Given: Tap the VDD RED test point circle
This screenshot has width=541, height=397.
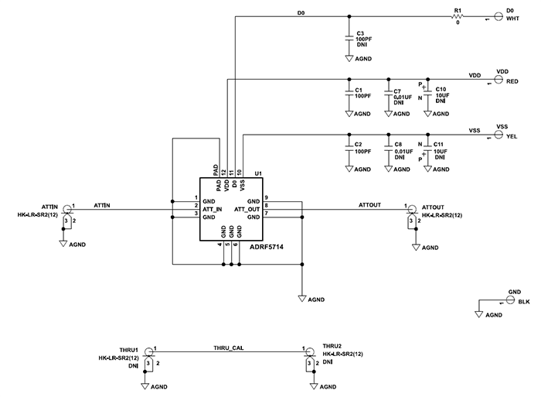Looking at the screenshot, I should click(x=499, y=79).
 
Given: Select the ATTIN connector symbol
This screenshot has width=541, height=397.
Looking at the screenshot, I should click(x=67, y=209).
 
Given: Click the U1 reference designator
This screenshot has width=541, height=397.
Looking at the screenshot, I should click(x=258, y=174).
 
